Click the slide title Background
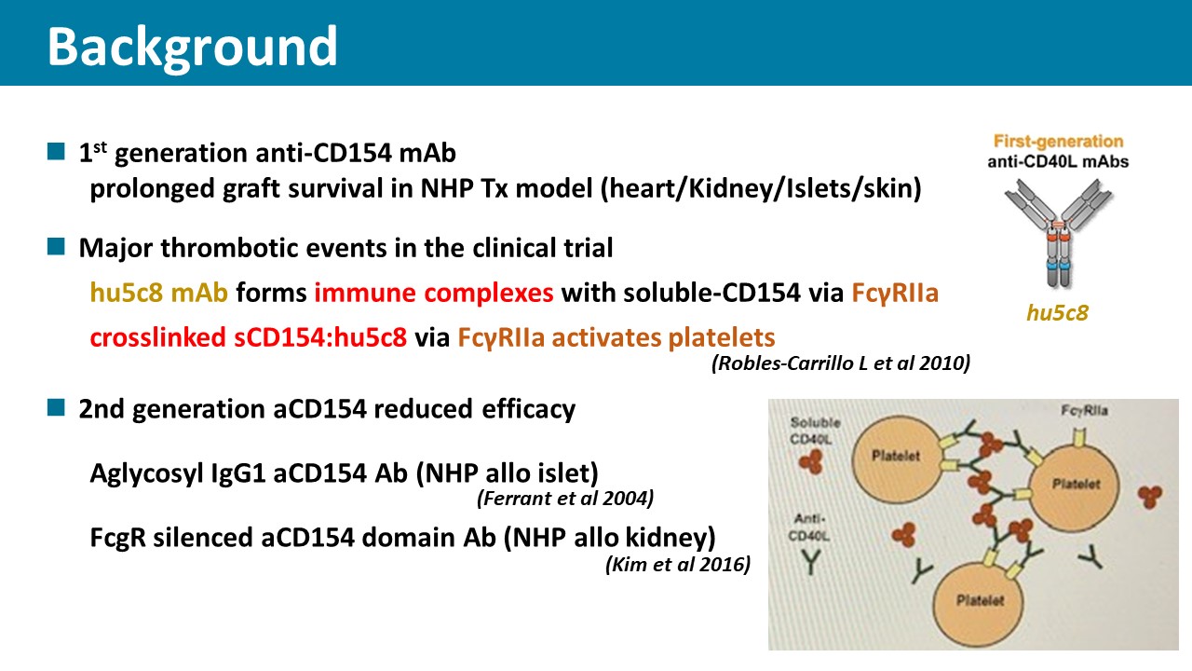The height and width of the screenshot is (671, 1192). tap(192, 48)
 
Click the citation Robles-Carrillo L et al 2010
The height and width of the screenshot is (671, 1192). tap(841, 363)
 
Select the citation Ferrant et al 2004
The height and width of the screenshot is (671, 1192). tap(565, 499)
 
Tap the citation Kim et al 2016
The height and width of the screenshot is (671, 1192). tap(678, 564)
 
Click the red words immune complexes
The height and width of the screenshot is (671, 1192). tap(434, 293)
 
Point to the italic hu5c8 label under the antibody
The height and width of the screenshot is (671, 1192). tap(1057, 313)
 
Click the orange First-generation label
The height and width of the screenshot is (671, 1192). tap(1059, 141)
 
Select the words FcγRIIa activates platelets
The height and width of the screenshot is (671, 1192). tap(616, 337)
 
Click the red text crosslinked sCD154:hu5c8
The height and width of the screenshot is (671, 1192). tap(249, 337)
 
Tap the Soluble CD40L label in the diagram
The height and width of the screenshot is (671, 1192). tap(815, 431)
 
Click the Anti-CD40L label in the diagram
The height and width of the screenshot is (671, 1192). tap(809, 527)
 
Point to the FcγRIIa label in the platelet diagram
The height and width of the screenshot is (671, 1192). tap(1084, 411)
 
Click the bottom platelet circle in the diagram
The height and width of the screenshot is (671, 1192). tap(978, 603)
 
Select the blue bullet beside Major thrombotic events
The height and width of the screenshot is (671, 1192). tap(56, 247)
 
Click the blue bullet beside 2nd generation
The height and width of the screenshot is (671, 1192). tap(56, 407)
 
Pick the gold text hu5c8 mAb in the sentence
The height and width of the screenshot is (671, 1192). tap(159, 293)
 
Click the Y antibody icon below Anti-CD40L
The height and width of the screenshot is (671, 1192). tap(810, 562)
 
